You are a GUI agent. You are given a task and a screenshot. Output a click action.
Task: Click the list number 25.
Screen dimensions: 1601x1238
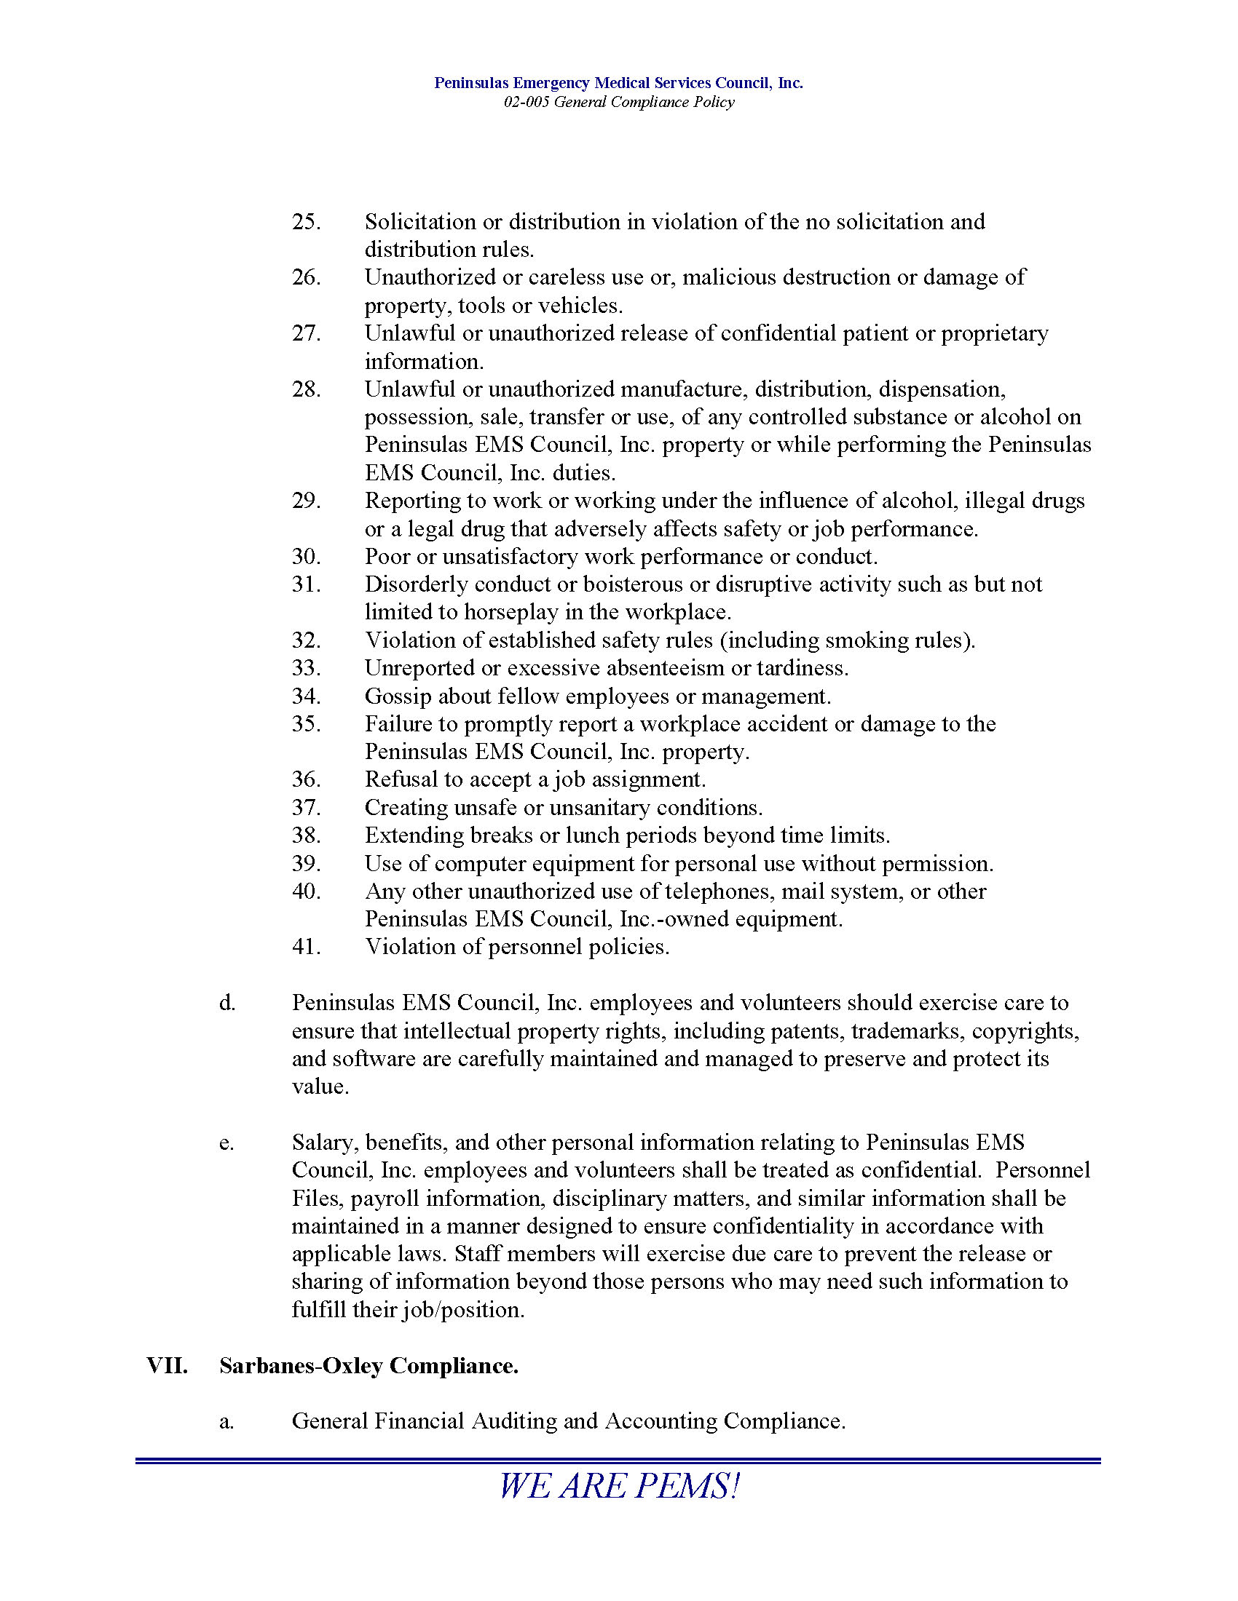click(306, 221)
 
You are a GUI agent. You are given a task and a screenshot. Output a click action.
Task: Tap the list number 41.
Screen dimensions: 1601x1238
click(306, 946)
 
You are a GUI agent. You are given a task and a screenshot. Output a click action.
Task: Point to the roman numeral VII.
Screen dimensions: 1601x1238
click(167, 1366)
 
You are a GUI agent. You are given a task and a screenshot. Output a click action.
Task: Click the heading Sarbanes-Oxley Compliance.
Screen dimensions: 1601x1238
click(369, 1366)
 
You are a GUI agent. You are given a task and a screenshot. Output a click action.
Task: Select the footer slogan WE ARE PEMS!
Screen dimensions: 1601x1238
click(619, 1486)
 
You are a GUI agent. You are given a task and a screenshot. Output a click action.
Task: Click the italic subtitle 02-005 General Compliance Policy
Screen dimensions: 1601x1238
click(619, 102)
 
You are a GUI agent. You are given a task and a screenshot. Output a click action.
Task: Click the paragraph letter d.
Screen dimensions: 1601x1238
click(226, 1003)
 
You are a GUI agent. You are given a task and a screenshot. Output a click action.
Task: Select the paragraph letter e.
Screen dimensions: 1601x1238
click(226, 1143)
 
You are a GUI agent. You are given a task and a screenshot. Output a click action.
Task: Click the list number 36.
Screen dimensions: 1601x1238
click(306, 779)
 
